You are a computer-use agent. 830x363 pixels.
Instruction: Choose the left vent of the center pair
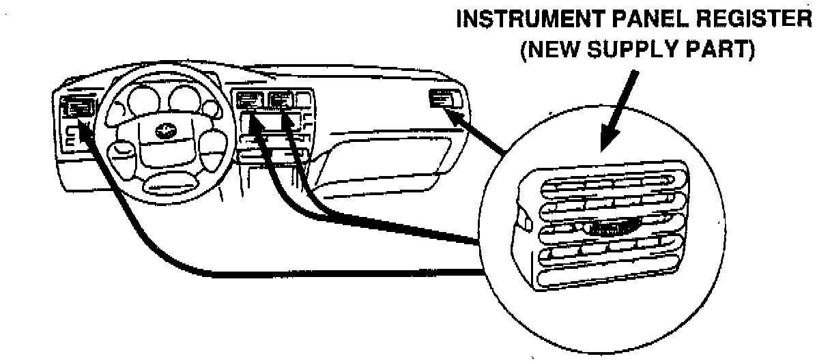tap(250, 102)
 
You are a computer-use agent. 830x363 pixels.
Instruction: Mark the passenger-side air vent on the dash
tap(441, 100)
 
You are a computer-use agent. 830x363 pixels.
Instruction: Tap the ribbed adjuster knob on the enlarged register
tap(601, 229)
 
